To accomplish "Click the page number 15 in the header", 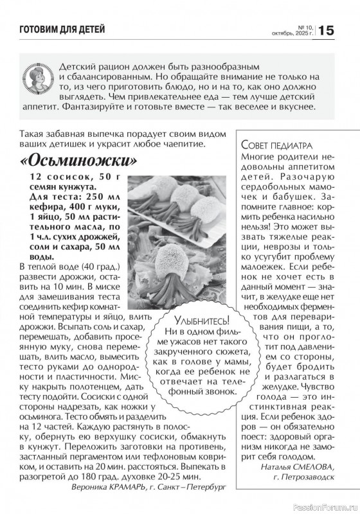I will [326, 30].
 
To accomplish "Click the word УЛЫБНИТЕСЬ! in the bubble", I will [201, 319].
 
